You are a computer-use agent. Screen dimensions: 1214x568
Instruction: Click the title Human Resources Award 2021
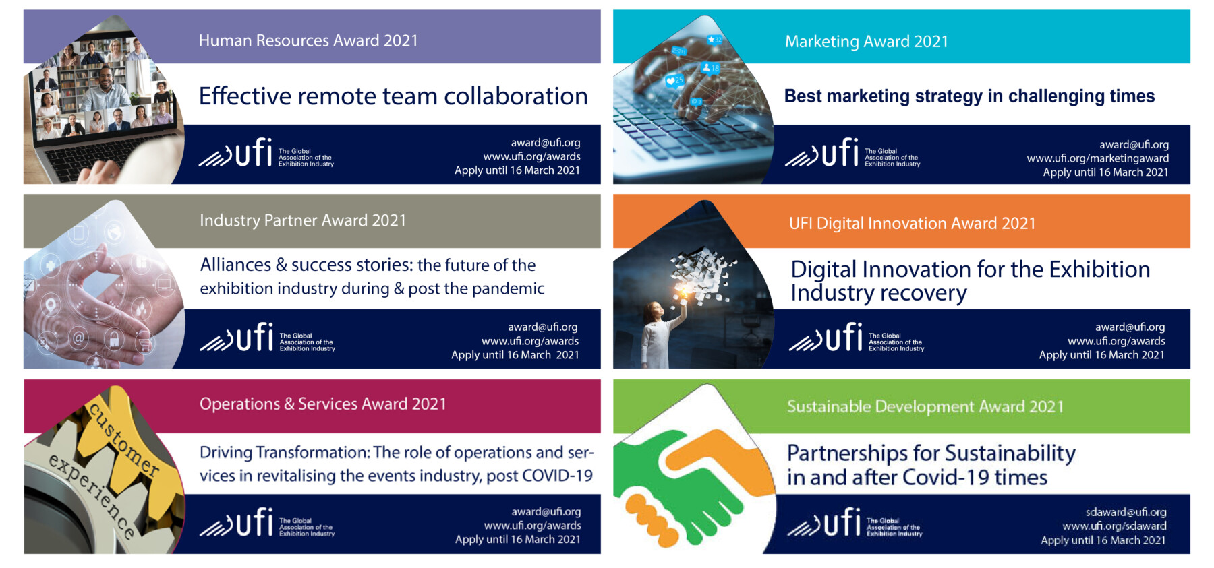tap(308, 40)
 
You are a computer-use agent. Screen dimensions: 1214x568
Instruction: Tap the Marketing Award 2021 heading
tap(867, 42)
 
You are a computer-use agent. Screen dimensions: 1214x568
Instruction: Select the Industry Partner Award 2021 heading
tap(303, 220)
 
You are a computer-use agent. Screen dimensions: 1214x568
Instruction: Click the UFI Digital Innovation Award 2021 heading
tap(913, 224)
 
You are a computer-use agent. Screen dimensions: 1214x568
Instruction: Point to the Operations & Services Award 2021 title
tap(323, 404)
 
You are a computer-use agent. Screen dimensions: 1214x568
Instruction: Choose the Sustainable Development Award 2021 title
tap(925, 406)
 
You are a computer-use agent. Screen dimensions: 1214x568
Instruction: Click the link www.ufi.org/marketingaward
tap(1098, 158)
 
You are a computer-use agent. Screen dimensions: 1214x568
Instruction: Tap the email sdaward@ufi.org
tap(1126, 512)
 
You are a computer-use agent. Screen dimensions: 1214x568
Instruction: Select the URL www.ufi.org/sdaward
tap(1114, 526)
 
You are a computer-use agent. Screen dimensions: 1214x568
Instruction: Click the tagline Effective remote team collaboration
tap(393, 96)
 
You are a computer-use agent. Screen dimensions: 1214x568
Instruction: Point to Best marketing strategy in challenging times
tap(969, 96)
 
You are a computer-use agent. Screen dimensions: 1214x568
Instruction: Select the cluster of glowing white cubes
tap(701, 273)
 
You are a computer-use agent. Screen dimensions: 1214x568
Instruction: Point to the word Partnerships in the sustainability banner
tap(850, 454)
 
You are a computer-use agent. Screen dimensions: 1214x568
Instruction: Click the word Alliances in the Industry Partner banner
tap(235, 265)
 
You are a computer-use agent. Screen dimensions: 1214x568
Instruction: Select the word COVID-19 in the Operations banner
tap(558, 476)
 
